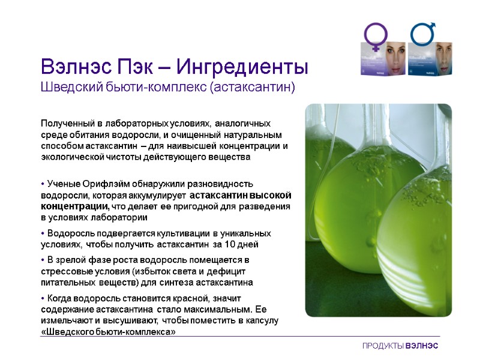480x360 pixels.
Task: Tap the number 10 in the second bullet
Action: (x=228, y=244)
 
